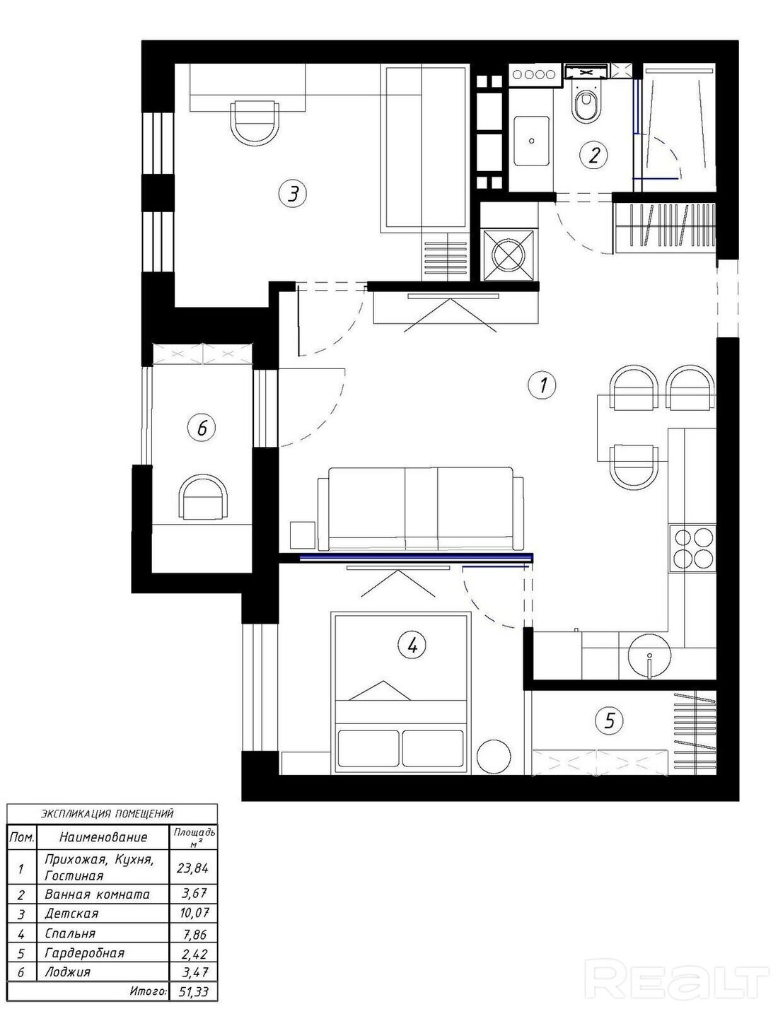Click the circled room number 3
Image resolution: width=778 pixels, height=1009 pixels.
[293, 193]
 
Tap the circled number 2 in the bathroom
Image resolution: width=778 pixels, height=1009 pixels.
[594, 154]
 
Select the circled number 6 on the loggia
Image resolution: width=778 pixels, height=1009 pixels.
[202, 427]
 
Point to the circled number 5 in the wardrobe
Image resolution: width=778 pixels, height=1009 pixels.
[609, 721]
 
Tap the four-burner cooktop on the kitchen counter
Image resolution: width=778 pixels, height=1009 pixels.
[693, 549]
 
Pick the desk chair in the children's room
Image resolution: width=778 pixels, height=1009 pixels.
[255, 122]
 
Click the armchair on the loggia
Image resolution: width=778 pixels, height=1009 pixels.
[204, 496]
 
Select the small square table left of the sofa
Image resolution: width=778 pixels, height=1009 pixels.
[303, 535]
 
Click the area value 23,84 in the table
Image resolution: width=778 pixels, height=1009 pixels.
[192, 867]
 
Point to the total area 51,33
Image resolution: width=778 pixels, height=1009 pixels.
[194, 992]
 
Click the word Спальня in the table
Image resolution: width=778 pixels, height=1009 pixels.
[70, 934]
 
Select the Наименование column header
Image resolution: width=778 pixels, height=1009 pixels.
[103, 837]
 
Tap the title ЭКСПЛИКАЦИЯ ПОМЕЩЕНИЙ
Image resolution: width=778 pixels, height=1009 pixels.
[108, 814]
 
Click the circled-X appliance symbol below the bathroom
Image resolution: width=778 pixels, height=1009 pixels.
[509, 256]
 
